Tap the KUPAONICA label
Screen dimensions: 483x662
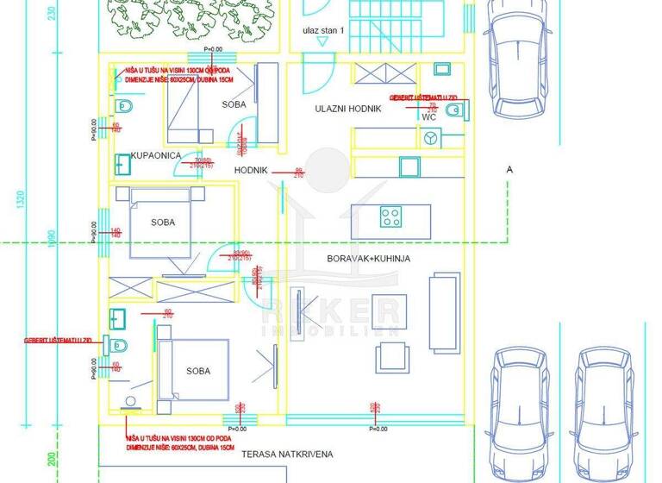[x=155, y=155]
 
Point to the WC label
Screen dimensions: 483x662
[x=428, y=116]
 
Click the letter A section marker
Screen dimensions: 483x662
[x=509, y=170]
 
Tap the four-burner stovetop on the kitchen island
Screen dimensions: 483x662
[x=391, y=216]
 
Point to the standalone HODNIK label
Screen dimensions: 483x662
[x=251, y=171]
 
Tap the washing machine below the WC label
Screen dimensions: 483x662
[x=429, y=137]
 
